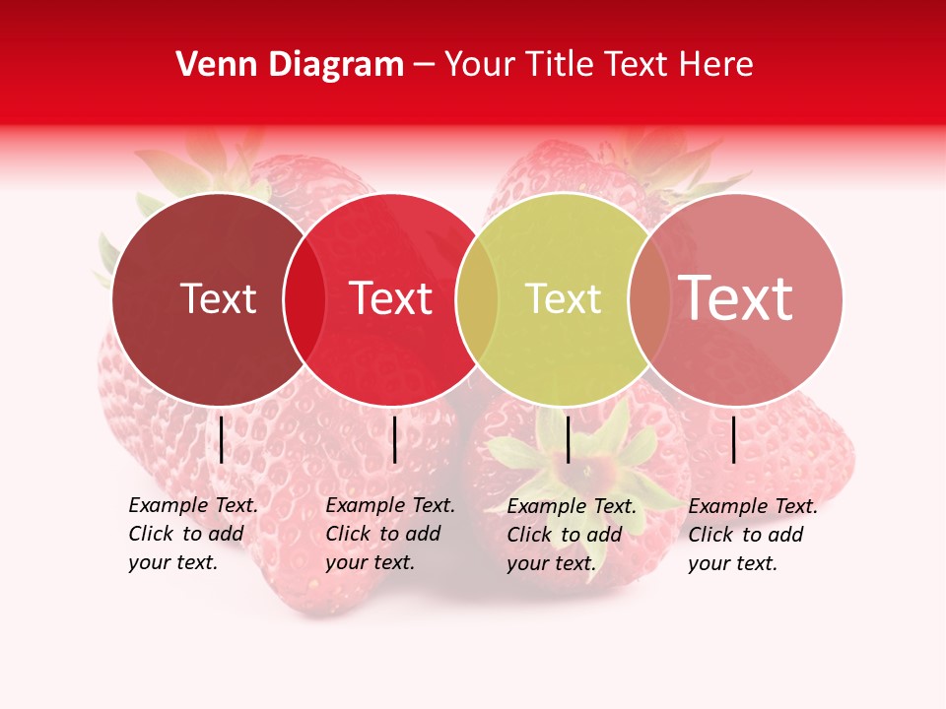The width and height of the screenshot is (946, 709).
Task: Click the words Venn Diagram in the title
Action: pos(290,65)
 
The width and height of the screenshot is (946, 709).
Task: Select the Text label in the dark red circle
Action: pos(219,298)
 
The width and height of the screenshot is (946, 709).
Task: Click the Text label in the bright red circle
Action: pos(391,298)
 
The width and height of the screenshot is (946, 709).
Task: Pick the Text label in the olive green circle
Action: pos(564,298)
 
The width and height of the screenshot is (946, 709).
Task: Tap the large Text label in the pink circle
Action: pos(736,298)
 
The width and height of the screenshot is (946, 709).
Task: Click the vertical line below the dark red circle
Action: pos(221,439)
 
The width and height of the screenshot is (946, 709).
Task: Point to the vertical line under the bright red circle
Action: pos(394,439)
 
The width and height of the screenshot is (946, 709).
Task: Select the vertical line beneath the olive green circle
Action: pos(568,439)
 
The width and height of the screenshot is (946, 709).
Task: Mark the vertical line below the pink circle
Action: pos(734,439)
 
